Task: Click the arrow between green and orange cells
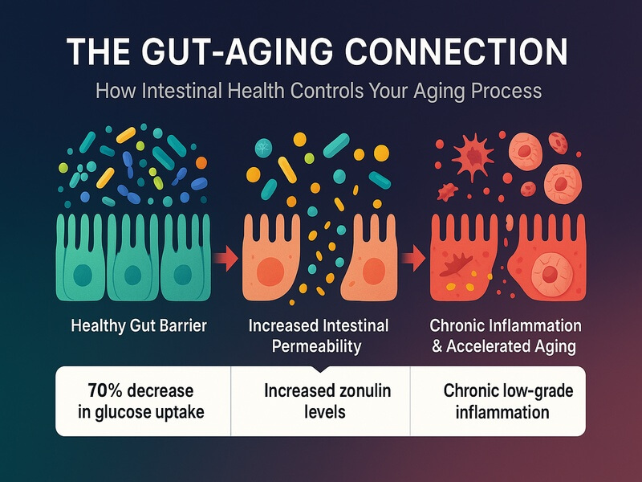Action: (x=228, y=258)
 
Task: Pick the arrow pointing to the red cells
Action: (x=412, y=258)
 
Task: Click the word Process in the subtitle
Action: (x=506, y=90)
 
